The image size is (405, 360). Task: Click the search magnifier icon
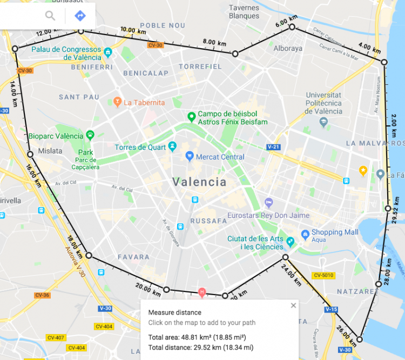50,16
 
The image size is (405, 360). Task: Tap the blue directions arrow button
80,16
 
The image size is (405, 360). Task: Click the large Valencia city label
200,182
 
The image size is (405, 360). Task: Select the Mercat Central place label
221,157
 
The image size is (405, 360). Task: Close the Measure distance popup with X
293,305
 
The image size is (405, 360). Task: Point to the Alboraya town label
288,48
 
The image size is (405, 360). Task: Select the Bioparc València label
56,136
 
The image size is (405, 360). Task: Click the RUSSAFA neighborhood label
208,221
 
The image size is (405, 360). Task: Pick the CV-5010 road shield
323,276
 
